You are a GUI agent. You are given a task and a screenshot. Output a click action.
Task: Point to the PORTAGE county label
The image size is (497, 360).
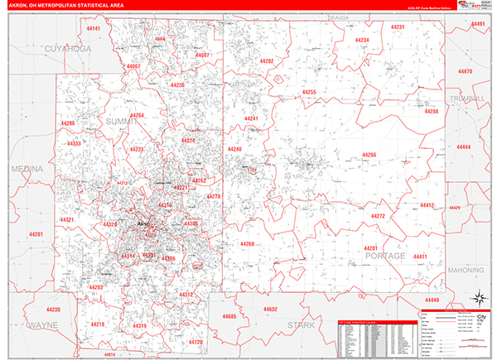click(x=385, y=257)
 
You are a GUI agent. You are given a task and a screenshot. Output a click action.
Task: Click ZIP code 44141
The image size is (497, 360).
click(x=93, y=29)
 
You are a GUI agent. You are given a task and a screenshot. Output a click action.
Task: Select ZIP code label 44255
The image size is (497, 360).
click(x=309, y=92)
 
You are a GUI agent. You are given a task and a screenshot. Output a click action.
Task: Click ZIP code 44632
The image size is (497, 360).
click(x=270, y=309)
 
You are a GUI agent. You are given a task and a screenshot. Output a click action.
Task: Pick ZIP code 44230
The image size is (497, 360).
click(x=53, y=309)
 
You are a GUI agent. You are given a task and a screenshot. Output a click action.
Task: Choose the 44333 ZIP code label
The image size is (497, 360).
click(x=75, y=143)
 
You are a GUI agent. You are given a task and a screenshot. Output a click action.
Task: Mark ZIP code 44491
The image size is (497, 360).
click(x=478, y=24)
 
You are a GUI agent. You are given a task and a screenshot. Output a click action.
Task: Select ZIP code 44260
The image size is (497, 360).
click(x=247, y=244)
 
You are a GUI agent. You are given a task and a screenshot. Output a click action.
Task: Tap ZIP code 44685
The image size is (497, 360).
click(x=229, y=316)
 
